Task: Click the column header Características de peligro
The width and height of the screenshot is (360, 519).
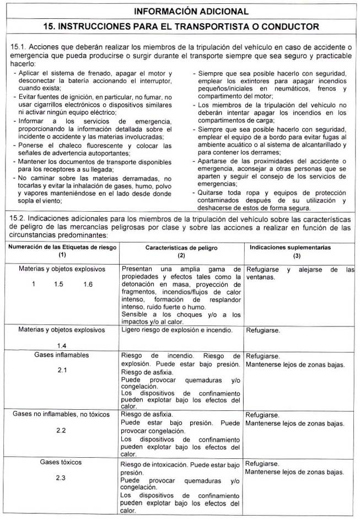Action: pyautogui.click(x=181, y=248)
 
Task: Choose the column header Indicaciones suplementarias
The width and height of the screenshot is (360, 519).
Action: pyautogui.click(x=298, y=248)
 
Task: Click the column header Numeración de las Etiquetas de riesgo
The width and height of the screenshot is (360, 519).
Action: pyautogui.click(x=62, y=247)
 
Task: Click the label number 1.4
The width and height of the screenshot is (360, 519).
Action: pyautogui.click(x=62, y=345)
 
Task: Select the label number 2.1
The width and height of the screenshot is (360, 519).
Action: pyautogui.click(x=62, y=370)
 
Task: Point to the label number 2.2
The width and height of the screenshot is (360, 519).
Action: pyautogui.click(x=62, y=429)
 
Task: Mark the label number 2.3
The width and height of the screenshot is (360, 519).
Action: pyautogui.click(x=62, y=478)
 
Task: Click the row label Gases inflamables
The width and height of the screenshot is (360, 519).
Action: pyautogui.click(x=62, y=355)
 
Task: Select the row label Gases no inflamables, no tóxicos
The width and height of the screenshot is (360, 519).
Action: pyautogui.click(x=62, y=414)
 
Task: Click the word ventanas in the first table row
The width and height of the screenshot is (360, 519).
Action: pyautogui.click(x=261, y=277)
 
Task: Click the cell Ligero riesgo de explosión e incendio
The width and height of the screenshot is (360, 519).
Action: pyautogui.click(x=176, y=330)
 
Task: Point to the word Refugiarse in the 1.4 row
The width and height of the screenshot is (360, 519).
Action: pyautogui.click(x=262, y=330)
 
